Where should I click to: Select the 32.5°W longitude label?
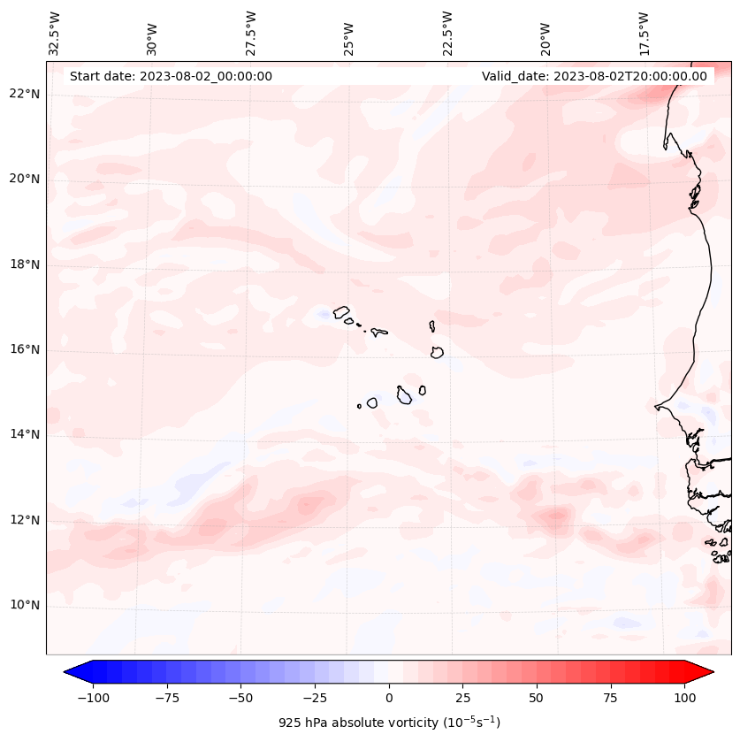tap(55, 33)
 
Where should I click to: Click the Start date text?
tap(171, 76)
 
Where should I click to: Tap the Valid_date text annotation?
tap(594, 76)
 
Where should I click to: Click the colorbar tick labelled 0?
tap(389, 698)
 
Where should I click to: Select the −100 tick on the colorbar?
tap(93, 698)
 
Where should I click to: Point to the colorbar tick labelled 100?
tap(684, 698)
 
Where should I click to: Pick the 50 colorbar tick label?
tap(537, 698)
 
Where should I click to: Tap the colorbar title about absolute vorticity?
tap(389, 723)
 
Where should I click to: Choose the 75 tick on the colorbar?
tap(611, 698)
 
